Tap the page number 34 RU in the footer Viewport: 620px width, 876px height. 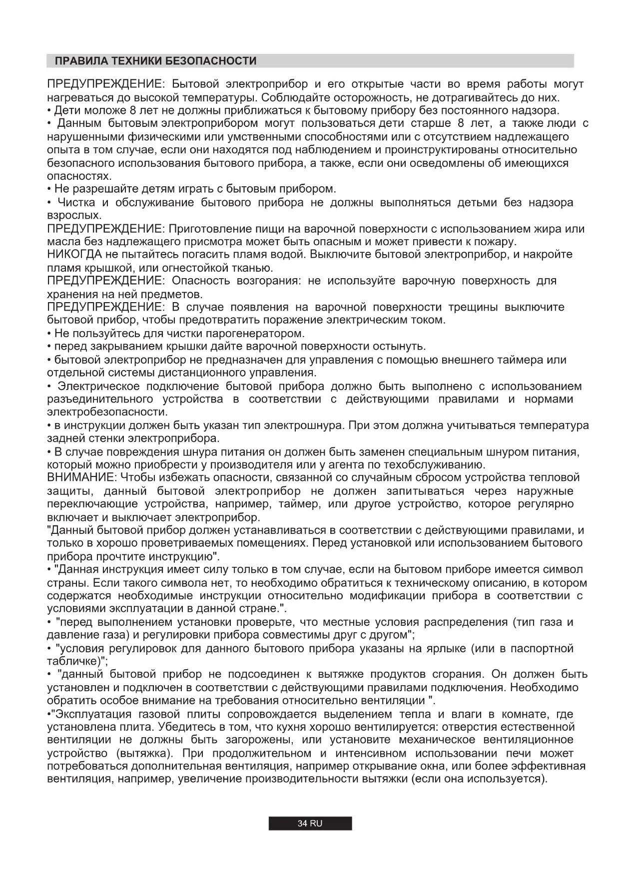click(x=310, y=824)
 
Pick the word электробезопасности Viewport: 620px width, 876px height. click(x=107, y=412)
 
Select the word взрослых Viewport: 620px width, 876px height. click(x=74, y=216)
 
